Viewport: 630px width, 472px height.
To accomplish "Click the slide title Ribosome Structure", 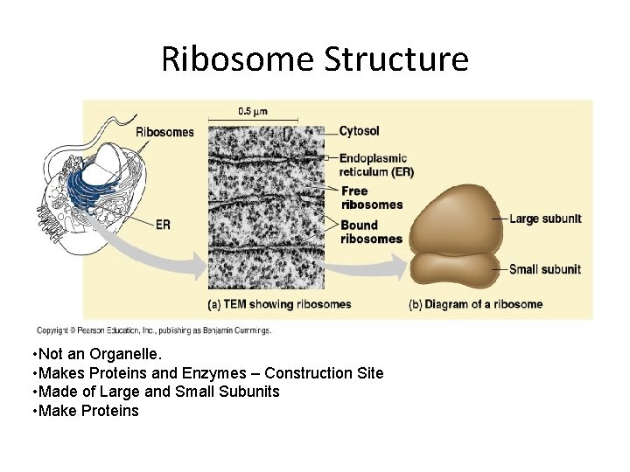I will coord(315,59).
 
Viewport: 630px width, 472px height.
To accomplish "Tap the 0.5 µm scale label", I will coord(253,111).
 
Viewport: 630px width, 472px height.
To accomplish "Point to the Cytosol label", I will coord(360,131).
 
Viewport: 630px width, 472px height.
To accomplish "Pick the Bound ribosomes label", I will coord(372,232).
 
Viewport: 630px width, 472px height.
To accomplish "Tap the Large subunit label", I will coord(544,219).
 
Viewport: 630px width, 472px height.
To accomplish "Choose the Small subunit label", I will coord(544,269).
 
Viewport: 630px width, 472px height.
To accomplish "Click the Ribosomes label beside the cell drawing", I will coord(164,132).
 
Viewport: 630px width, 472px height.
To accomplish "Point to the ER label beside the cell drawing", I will coord(163,225).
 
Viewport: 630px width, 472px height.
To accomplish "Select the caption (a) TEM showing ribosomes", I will coord(279,304).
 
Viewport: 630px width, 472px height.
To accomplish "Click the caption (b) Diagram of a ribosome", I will coord(475,304).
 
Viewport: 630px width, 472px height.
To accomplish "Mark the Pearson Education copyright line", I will coord(154,330).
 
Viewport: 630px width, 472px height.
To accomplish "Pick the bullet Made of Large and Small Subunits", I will coord(155,392).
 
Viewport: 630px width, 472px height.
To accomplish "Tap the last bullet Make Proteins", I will coord(84,411).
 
